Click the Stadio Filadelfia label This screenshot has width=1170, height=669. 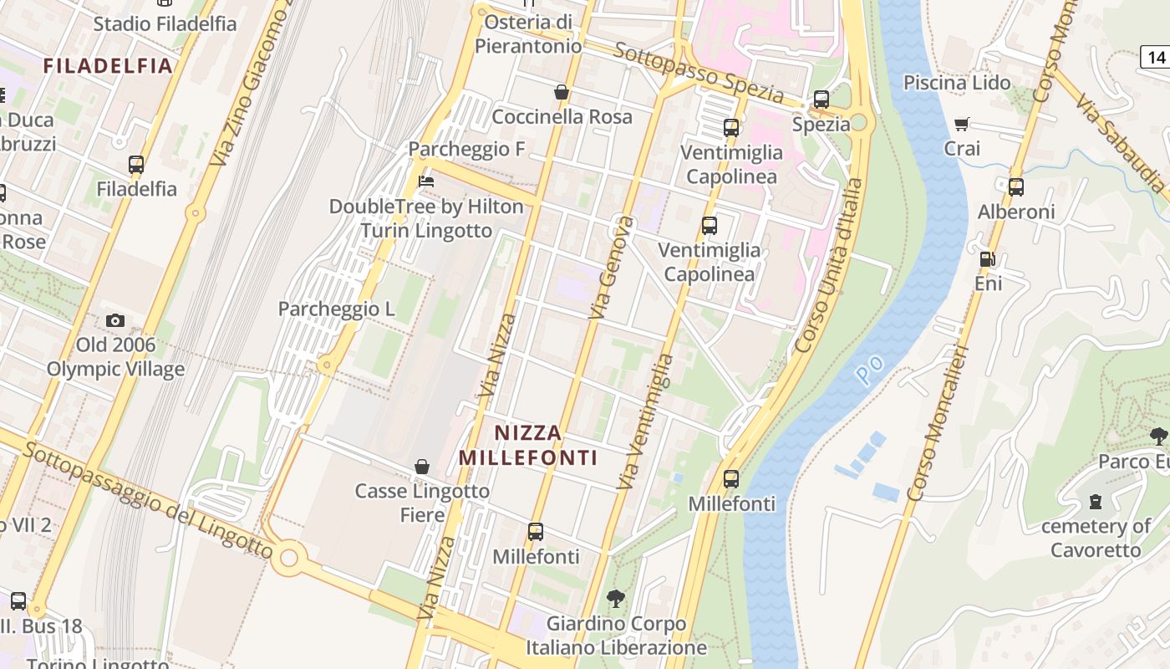click(165, 23)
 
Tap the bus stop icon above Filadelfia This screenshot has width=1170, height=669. click(136, 165)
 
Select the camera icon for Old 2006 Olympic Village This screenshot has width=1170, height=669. click(115, 320)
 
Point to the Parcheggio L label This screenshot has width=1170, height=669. click(336, 309)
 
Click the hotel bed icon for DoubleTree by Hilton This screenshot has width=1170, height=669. click(426, 181)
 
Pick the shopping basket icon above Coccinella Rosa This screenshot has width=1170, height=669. click(562, 92)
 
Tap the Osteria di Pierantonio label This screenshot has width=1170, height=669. click(528, 33)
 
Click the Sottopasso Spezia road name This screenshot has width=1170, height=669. click(699, 74)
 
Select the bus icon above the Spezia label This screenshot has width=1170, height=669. click(822, 100)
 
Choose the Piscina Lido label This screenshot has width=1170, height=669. click(957, 83)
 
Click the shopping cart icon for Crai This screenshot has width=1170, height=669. click(962, 125)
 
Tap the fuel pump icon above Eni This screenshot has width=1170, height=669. click(987, 259)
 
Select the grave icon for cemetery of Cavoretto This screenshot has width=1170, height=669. click(1095, 502)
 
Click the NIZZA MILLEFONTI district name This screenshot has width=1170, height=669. click(528, 445)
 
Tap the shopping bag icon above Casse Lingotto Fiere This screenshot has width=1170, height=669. click(422, 467)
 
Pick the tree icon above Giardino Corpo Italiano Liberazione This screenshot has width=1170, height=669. click(616, 599)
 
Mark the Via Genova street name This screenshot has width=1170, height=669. click(611, 268)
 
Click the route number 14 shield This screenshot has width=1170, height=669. click(1155, 58)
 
